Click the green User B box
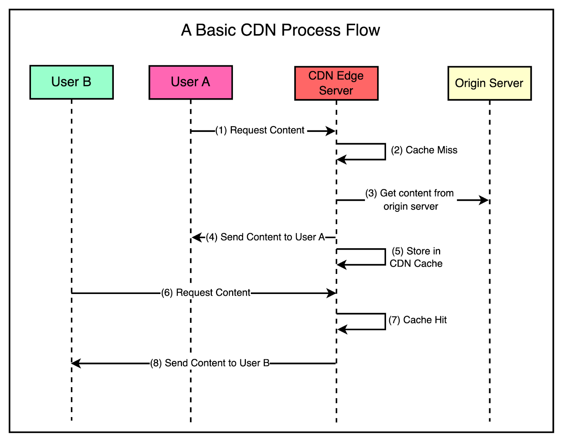click(71, 82)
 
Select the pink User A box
click(190, 82)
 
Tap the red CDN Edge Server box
click(336, 83)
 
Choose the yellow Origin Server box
click(489, 83)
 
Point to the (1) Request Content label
click(260, 130)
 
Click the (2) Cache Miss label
click(424, 150)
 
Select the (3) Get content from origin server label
click(410, 199)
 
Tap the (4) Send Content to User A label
click(265, 237)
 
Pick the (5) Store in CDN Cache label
click(416, 257)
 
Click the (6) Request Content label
click(206, 293)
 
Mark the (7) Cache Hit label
click(418, 320)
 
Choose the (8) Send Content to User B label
click(210, 363)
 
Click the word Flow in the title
click(363, 30)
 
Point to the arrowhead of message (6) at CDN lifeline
click(331, 293)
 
